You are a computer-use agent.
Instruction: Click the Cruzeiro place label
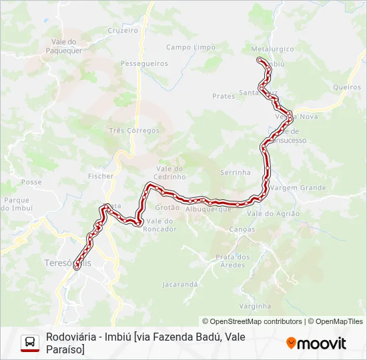[123, 31]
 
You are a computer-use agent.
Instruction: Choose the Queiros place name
[346, 87]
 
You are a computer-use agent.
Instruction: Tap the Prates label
[224, 96]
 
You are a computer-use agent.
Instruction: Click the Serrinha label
[236, 172]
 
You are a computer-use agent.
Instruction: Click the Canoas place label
[242, 229]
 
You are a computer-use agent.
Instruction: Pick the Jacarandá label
[180, 284]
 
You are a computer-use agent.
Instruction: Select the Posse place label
[31, 182]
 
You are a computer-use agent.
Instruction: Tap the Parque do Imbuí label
[18, 203]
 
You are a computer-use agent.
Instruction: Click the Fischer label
[101, 176]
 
